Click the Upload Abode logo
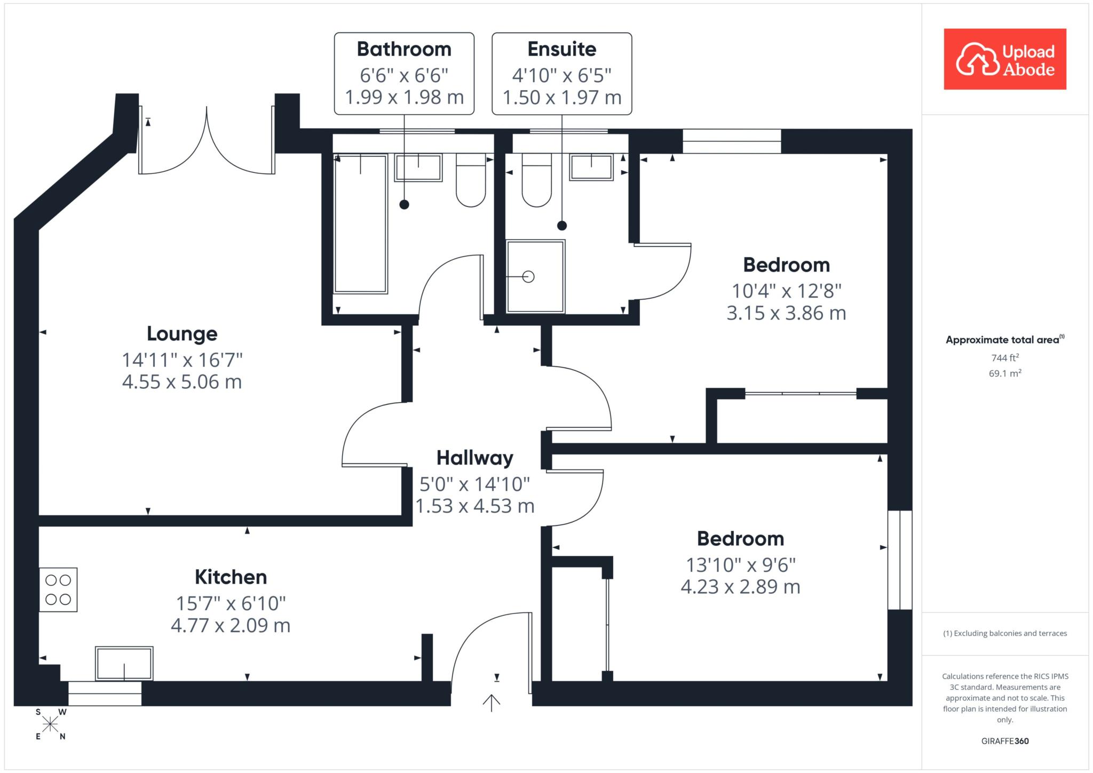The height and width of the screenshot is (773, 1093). (1005, 59)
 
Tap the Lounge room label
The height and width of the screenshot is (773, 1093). (182, 334)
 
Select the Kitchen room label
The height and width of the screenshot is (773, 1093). (231, 577)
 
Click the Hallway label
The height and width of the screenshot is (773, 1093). (475, 458)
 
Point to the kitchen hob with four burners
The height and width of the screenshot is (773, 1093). (58, 589)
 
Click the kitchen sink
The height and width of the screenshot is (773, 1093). (124, 664)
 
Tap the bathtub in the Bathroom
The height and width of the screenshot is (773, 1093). (360, 224)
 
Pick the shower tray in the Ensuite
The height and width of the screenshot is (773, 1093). (535, 276)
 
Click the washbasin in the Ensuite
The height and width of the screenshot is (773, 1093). (591, 168)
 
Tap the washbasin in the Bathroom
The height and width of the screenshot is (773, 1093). (418, 168)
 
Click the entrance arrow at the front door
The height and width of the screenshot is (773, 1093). (491, 703)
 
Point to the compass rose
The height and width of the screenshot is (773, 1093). (51, 724)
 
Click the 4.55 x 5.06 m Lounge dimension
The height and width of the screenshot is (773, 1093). (182, 382)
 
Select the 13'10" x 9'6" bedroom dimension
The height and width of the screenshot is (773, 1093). (741, 565)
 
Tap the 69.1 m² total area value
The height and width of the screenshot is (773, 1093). (1005, 373)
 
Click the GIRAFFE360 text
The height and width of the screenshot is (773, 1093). (1005, 741)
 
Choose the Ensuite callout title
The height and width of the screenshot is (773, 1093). (562, 49)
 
